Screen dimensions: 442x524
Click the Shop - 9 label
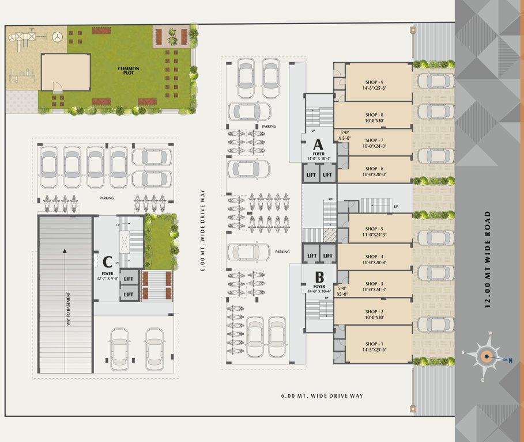[374, 82]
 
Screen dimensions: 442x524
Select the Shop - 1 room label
[374, 343]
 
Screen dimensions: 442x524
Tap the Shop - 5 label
[374, 228]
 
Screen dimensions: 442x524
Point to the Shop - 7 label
[374, 140]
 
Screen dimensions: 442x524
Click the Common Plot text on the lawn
[129, 71]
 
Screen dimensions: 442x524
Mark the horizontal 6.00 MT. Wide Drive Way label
[322, 396]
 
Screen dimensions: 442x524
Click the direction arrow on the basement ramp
[65, 250]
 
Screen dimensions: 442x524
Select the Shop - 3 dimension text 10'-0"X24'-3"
[374, 289]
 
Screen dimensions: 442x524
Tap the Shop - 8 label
[374, 115]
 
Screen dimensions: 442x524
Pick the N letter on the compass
[510, 360]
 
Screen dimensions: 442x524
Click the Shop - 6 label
[374, 169]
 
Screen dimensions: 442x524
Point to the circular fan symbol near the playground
[57, 37]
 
